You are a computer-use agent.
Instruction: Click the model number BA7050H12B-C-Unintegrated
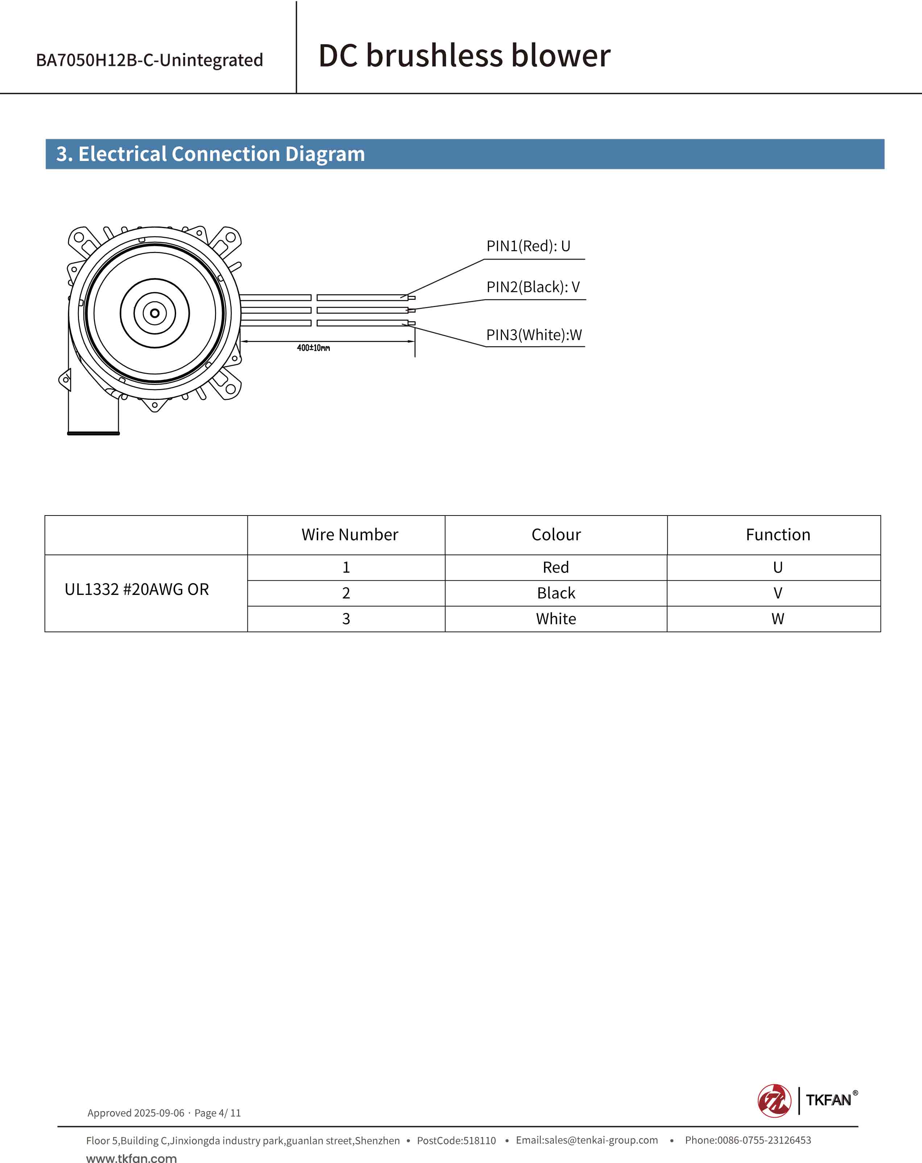pyautogui.click(x=149, y=60)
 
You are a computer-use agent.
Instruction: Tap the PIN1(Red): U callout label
pyautogui.click(x=528, y=246)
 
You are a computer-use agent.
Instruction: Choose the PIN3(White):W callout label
pyautogui.click(x=534, y=335)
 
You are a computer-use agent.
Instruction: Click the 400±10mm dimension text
pyautogui.click(x=313, y=348)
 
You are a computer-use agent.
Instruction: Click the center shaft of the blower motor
pyautogui.click(x=155, y=313)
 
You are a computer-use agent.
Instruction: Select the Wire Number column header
pyautogui.click(x=349, y=535)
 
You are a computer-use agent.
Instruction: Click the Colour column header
pyautogui.click(x=556, y=535)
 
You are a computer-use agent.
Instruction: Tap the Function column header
pyautogui.click(x=777, y=535)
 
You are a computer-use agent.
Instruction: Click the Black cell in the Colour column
pyautogui.click(x=556, y=593)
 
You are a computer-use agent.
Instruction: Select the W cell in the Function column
pyautogui.click(x=777, y=619)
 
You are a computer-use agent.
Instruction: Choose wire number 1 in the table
pyautogui.click(x=346, y=567)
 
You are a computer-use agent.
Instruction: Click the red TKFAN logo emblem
pyautogui.click(x=774, y=1100)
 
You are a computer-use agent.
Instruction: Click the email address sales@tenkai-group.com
pyautogui.click(x=587, y=1140)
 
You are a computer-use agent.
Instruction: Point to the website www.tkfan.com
pyautogui.click(x=132, y=1158)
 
